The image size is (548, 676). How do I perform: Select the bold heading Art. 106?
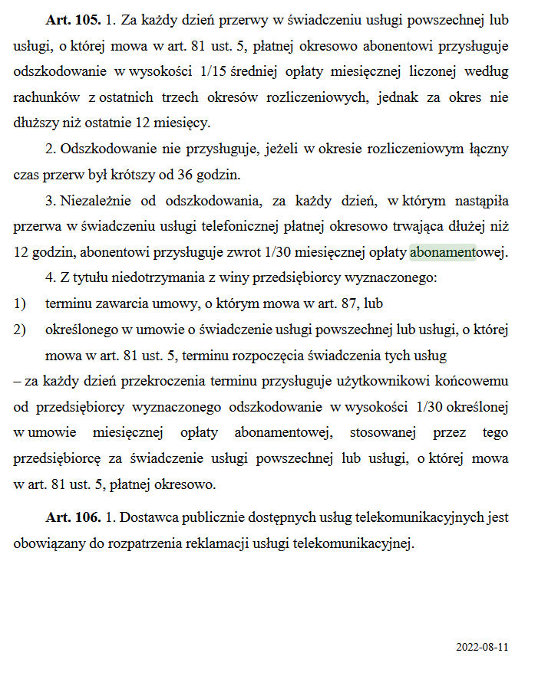(73, 517)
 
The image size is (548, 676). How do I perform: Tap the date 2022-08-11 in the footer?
(482, 647)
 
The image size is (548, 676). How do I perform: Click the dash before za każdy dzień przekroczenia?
(17, 381)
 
